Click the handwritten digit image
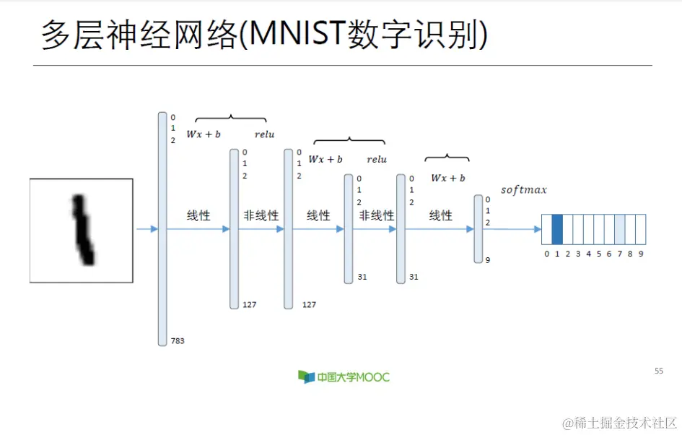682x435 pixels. (x=82, y=230)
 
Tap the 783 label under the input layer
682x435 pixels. (x=177, y=340)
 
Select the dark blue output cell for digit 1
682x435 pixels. (x=557, y=229)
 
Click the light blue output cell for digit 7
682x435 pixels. (x=620, y=229)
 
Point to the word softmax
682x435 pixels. (x=523, y=190)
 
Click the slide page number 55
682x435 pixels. (x=658, y=371)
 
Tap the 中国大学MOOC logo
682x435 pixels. (x=344, y=376)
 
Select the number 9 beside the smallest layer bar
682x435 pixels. (x=488, y=260)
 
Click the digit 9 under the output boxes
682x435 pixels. (x=641, y=254)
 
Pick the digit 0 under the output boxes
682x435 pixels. (x=546, y=254)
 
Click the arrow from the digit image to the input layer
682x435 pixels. (x=147, y=229)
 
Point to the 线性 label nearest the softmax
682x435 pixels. (x=440, y=215)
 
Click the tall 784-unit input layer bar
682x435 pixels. (x=162, y=228)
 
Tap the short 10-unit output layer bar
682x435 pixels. (x=478, y=228)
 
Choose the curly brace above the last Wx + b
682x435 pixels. (x=447, y=158)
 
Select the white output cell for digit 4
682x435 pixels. (x=588, y=229)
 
